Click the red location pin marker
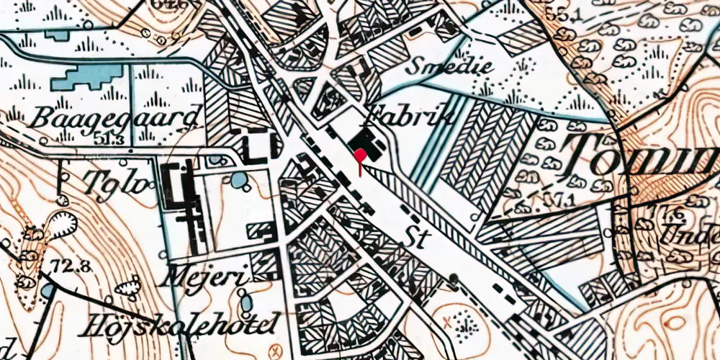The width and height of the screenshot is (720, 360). [x=360, y=153]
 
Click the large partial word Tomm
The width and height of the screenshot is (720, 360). [x=641, y=151]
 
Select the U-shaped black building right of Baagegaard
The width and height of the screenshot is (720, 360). [x=256, y=148]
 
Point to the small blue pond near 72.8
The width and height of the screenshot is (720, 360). [x=47, y=289]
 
